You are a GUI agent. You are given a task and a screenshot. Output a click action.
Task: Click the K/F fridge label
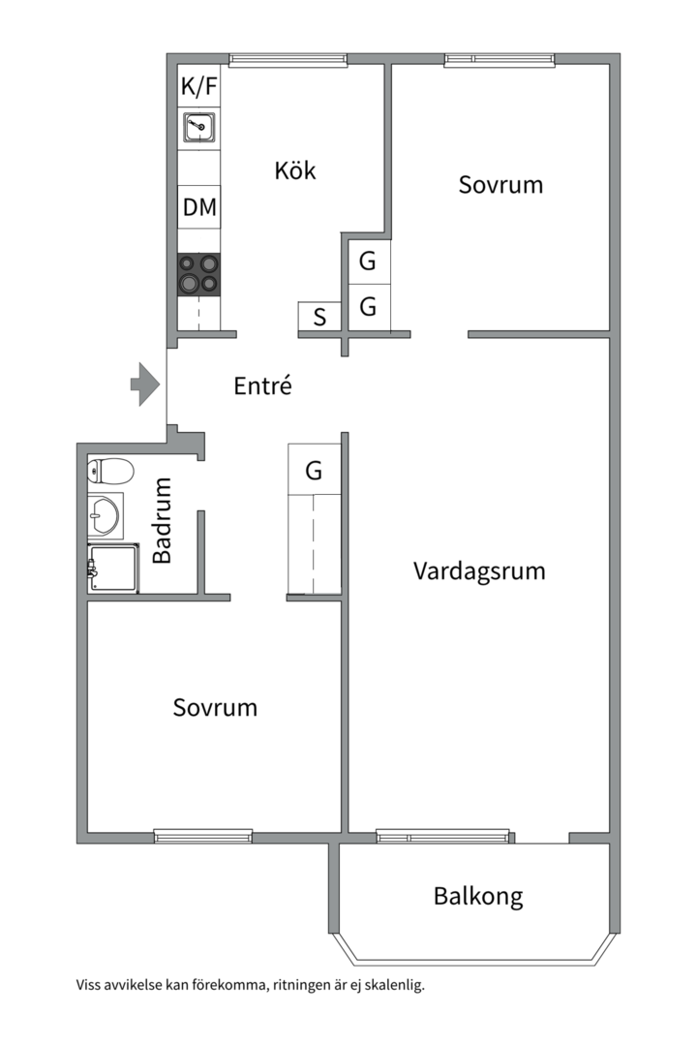pyautogui.click(x=199, y=86)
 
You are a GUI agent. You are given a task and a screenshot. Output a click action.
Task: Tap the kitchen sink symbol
pyautogui.click(x=199, y=127)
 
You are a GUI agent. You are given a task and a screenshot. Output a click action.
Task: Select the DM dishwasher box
pyautogui.click(x=199, y=207)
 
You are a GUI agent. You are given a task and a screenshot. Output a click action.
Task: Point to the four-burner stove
pyautogui.click(x=199, y=274)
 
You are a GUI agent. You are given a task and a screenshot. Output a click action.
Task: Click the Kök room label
pyautogui.click(x=295, y=170)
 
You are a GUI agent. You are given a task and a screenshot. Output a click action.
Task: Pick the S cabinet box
pyautogui.click(x=319, y=316)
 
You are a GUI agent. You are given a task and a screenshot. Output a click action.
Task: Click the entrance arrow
pyautogui.click(x=145, y=385)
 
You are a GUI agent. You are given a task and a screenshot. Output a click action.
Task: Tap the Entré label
pyautogui.click(x=262, y=385)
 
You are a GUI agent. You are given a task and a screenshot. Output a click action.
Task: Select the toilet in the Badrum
pyautogui.click(x=110, y=471)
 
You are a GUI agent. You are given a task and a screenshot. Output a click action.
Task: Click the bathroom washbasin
pyautogui.click(x=106, y=515)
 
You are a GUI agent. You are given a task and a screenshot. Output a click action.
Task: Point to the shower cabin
pyautogui.click(x=113, y=568)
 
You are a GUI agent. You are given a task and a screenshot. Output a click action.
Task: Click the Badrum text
pyautogui.click(x=162, y=520)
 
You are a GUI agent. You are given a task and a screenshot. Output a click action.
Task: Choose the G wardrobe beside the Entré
pyautogui.click(x=315, y=470)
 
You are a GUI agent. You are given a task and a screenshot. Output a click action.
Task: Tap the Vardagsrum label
pyautogui.click(x=479, y=571)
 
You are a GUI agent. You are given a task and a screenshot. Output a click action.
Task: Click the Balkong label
pyautogui.click(x=478, y=896)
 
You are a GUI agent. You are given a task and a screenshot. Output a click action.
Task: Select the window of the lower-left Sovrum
pyautogui.click(x=202, y=834)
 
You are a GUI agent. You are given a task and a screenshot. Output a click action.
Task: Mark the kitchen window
pyautogui.click(x=288, y=60)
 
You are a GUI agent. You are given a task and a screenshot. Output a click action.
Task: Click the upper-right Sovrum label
pyautogui.click(x=500, y=184)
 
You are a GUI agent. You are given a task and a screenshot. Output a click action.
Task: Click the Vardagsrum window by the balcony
pyautogui.click(x=442, y=835)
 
